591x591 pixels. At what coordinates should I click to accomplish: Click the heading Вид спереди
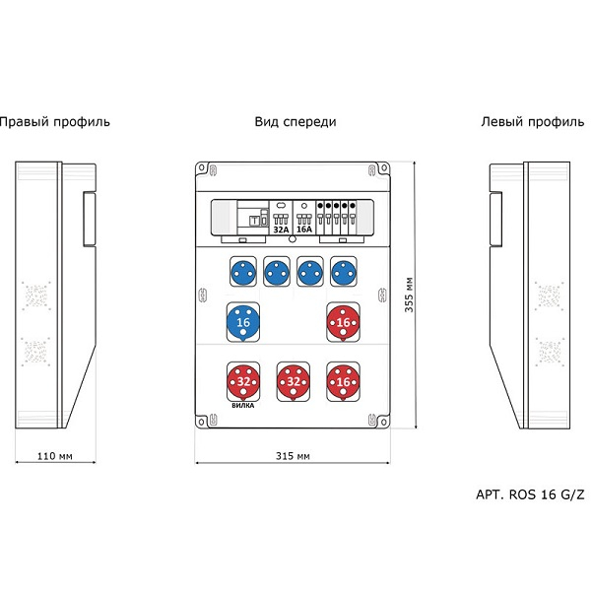tap(295, 122)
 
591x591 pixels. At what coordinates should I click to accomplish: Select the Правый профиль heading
tap(54, 122)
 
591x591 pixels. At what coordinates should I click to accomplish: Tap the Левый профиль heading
tap(533, 122)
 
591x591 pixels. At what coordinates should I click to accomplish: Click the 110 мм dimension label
tap(55, 456)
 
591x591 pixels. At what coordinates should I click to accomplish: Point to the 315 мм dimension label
tap(293, 456)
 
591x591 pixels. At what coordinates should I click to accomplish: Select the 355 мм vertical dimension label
tap(409, 295)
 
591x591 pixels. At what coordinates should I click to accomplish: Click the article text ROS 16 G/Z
tap(547, 494)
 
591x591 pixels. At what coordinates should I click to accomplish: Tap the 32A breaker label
tap(281, 230)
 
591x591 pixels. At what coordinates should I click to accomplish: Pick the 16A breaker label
tap(304, 230)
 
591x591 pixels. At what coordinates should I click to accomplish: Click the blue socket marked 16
tap(243, 322)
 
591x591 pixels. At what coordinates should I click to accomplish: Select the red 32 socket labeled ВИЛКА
tap(243, 382)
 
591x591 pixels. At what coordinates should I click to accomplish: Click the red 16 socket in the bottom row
tap(343, 382)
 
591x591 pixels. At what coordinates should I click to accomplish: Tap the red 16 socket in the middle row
tap(343, 322)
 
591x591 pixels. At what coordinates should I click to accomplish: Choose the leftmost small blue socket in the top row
tap(243, 272)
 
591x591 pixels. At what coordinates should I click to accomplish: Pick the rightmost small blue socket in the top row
tap(344, 272)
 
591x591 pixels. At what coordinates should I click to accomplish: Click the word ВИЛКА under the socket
tap(242, 406)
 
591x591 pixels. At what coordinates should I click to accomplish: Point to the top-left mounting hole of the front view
tap(202, 167)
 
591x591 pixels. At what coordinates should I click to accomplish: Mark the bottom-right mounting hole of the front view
tap(384, 422)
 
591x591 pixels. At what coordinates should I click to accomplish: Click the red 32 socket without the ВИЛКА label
tap(294, 382)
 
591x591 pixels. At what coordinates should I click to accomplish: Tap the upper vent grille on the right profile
tap(35, 295)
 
